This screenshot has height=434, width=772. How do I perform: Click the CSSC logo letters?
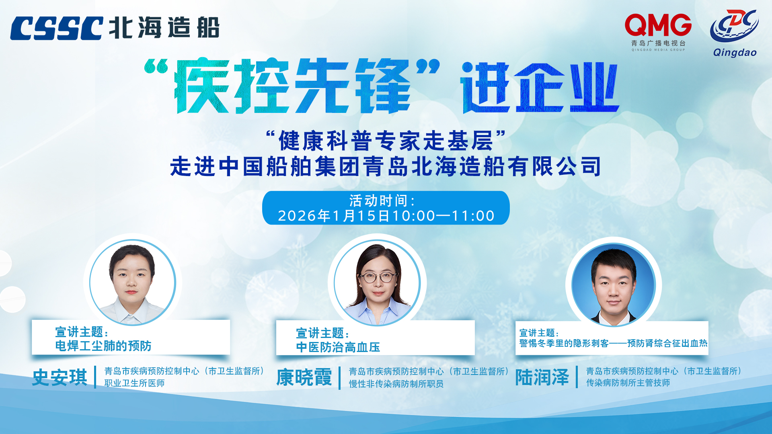(x=57, y=28)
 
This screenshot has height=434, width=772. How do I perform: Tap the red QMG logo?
(x=658, y=25)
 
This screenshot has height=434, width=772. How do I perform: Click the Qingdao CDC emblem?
(x=734, y=26)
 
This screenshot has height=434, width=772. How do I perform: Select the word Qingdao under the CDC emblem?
(x=735, y=53)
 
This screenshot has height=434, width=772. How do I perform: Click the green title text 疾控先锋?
(x=292, y=86)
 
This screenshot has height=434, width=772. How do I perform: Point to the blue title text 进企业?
(x=540, y=87)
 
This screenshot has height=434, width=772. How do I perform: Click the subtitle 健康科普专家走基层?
(x=386, y=141)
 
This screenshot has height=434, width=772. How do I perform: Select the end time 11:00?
(x=473, y=216)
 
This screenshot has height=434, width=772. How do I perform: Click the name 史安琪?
(x=60, y=377)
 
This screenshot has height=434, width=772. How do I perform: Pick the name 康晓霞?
(x=304, y=377)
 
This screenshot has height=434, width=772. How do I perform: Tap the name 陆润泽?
(x=542, y=377)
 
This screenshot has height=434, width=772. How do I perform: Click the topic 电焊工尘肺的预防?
(x=103, y=346)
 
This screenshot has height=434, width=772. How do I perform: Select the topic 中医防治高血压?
(x=338, y=347)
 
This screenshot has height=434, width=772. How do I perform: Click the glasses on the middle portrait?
(x=378, y=277)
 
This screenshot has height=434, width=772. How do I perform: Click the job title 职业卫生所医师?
(x=135, y=383)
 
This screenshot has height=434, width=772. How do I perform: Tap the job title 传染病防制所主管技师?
(x=628, y=383)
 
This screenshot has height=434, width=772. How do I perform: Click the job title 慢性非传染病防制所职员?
(x=396, y=384)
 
